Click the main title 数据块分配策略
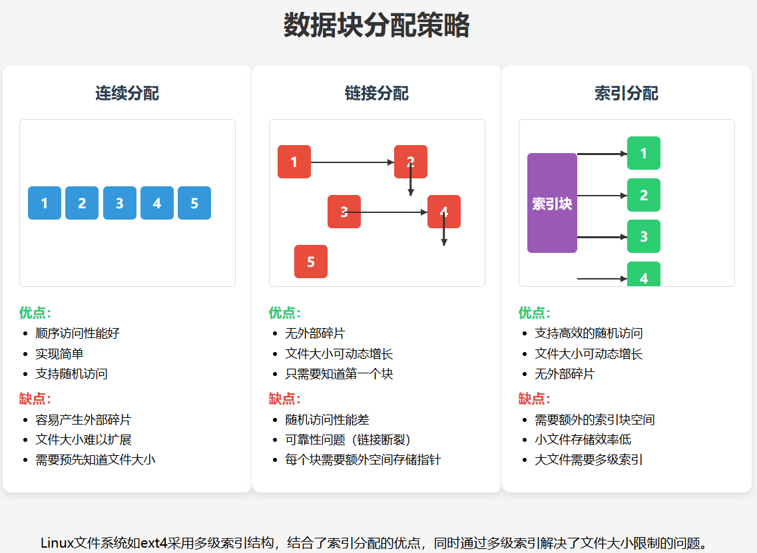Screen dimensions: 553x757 coord(377,26)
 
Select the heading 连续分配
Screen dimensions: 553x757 coord(127,93)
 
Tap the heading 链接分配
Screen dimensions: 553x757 coord(377,93)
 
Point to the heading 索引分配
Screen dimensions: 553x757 coord(627,93)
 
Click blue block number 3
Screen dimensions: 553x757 coord(120,203)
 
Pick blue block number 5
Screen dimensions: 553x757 coord(194,203)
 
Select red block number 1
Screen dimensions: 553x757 coord(294,162)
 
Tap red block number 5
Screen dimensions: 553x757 coord(311,262)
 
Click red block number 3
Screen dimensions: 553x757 coord(344,212)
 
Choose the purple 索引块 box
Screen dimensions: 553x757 coord(552,203)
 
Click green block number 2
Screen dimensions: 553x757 coord(644,195)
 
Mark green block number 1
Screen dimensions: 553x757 coord(644,153)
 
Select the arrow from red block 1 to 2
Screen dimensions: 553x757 coord(352,162)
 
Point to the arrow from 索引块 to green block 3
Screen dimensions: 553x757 coord(602,237)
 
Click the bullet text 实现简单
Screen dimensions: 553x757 coord(59,353)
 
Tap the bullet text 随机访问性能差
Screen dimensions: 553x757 coord(327,420)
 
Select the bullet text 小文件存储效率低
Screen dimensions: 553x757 coord(583,440)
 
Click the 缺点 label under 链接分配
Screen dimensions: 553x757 coord(284,399)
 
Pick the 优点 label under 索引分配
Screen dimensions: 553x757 coord(534,313)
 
